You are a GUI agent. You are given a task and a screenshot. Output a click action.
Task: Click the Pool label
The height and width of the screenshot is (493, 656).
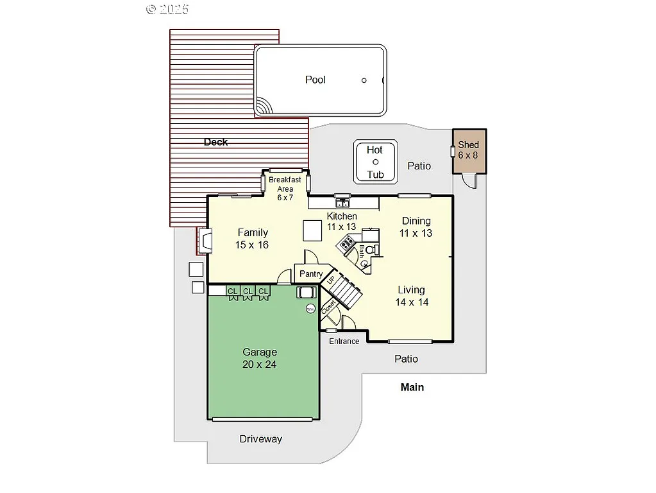coord(315,80)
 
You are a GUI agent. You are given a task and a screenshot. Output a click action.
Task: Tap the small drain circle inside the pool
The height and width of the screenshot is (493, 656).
coord(364,80)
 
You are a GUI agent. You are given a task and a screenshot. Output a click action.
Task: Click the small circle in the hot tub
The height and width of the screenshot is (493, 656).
coord(376,162)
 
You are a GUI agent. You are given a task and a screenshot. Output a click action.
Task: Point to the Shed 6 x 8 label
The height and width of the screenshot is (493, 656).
coord(468,150)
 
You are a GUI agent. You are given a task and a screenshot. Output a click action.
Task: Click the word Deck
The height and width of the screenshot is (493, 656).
coord(215,142)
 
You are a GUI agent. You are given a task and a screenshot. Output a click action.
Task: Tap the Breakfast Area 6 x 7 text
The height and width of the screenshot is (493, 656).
coord(285,189)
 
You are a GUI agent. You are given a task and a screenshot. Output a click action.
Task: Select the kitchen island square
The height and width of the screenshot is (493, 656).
coord(312,230)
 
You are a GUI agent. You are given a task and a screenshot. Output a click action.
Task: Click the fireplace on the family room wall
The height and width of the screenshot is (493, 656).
coord(206,241)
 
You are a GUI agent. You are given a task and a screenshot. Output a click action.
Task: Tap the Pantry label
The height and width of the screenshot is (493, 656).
coord(311,274)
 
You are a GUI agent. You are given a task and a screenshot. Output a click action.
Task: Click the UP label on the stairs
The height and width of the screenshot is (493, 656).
coord(331,280)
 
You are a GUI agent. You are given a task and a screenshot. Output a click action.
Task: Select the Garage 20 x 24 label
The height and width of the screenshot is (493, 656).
coord(260,358)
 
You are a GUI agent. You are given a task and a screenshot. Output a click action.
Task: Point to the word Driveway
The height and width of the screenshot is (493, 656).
coord(260,439)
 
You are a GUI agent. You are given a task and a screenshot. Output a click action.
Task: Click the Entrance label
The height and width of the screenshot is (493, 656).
coord(344,341)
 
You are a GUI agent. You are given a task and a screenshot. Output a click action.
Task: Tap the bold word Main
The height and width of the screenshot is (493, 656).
coord(412,387)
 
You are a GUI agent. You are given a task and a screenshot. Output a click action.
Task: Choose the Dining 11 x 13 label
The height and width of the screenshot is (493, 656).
coord(416,227)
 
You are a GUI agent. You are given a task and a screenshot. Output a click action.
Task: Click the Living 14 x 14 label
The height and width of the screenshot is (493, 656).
coord(412,295)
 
